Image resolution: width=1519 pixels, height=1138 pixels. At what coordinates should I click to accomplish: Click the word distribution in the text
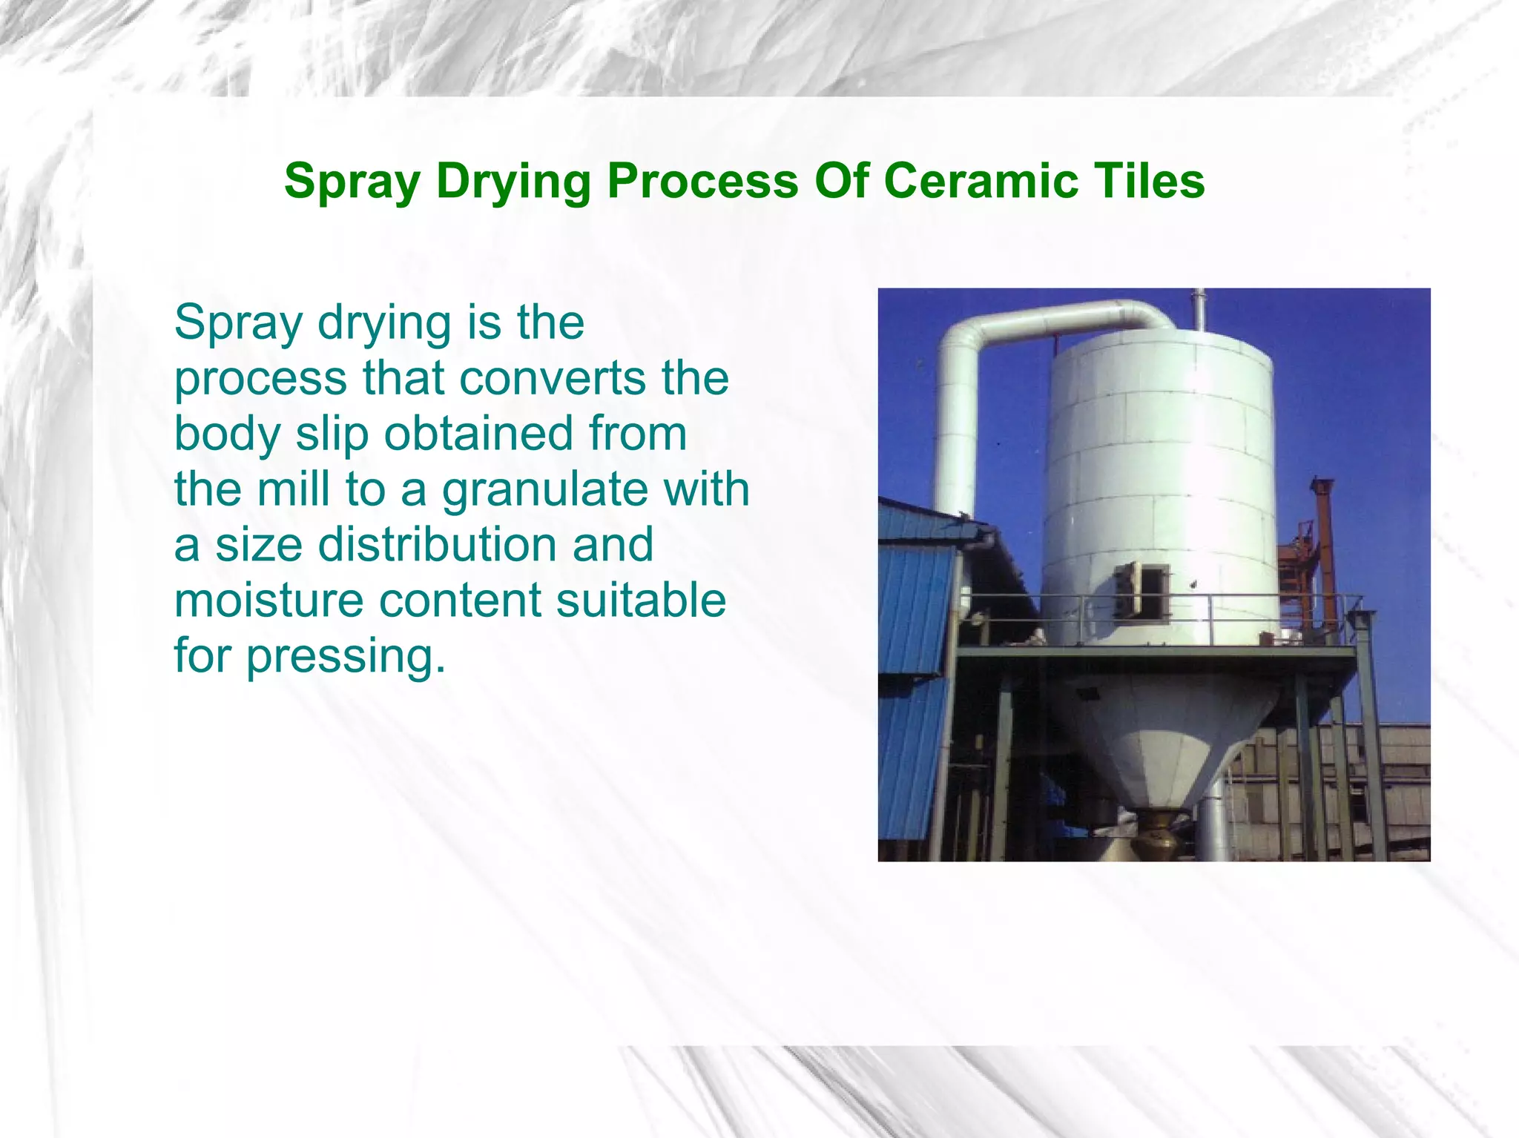[x=436, y=544]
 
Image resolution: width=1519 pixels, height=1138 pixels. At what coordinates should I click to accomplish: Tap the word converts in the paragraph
[x=553, y=378]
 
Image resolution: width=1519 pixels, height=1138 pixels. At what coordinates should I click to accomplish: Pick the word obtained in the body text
[x=478, y=434]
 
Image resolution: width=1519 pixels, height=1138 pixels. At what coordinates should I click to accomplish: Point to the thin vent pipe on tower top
[x=1199, y=310]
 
